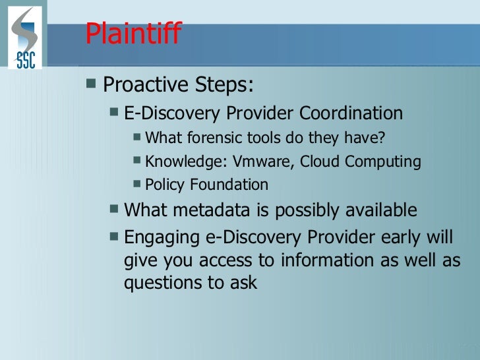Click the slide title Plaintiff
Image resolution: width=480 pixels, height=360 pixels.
(133, 34)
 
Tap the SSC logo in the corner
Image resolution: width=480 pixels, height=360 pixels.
(25, 38)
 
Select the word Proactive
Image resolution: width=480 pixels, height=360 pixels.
(144, 85)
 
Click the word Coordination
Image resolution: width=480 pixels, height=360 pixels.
(351, 113)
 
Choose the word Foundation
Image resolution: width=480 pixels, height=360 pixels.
(229, 184)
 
